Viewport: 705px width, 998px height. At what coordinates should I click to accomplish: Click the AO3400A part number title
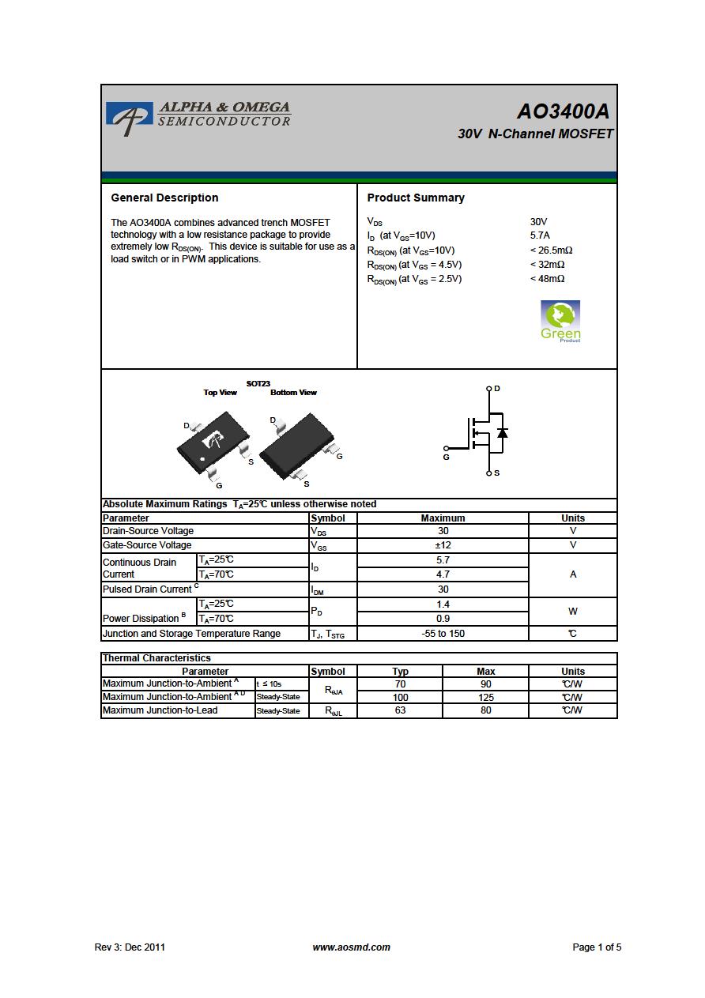[563, 111]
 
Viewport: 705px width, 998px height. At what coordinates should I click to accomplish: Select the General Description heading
[164, 198]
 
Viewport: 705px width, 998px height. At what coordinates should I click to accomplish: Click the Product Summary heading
[416, 198]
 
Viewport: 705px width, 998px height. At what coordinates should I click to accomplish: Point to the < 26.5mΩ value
[551, 250]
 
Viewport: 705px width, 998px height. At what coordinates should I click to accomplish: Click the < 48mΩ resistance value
[547, 278]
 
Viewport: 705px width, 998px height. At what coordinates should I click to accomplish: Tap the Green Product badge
[560, 322]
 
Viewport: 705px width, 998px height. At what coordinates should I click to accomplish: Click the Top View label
[221, 393]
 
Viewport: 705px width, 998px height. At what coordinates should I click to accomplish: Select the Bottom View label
[293, 393]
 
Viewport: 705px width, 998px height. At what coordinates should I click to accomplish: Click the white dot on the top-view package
[202, 459]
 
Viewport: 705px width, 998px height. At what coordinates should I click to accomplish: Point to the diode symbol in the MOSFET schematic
[502, 432]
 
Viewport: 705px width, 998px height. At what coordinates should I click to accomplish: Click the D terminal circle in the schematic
[489, 389]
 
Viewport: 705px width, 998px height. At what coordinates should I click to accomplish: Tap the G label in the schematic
[446, 457]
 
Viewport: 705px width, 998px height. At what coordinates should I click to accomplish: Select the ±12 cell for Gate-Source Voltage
[443, 545]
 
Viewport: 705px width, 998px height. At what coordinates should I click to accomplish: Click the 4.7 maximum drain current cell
[443, 574]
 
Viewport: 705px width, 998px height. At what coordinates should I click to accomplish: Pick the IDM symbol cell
[333, 589]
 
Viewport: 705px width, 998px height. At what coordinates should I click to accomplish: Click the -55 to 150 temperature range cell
[443, 634]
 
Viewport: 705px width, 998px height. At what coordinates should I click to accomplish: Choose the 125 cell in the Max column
[486, 697]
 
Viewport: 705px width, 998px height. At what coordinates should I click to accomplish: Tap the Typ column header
[400, 672]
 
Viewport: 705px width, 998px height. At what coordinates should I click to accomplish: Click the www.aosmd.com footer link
[351, 947]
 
